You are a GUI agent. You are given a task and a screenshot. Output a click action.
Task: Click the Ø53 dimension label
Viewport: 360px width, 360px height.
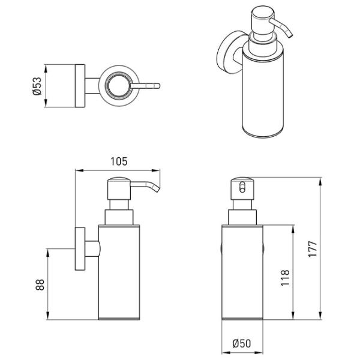click(37, 86)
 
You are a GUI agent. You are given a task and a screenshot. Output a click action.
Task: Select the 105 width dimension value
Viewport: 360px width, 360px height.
click(119, 161)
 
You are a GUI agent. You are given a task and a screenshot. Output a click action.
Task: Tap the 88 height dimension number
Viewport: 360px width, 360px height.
click(40, 284)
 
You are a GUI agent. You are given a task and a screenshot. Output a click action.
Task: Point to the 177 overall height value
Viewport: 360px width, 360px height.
click(313, 249)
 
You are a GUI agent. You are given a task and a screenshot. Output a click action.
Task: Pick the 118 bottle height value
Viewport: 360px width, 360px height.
click(285, 278)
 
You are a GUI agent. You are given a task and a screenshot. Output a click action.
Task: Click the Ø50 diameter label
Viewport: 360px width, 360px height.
click(242, 343)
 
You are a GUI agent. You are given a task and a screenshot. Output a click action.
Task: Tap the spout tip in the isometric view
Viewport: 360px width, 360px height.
click(290, 34)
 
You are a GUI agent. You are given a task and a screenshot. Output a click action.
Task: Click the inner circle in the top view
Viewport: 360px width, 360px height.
click(119, 86)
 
